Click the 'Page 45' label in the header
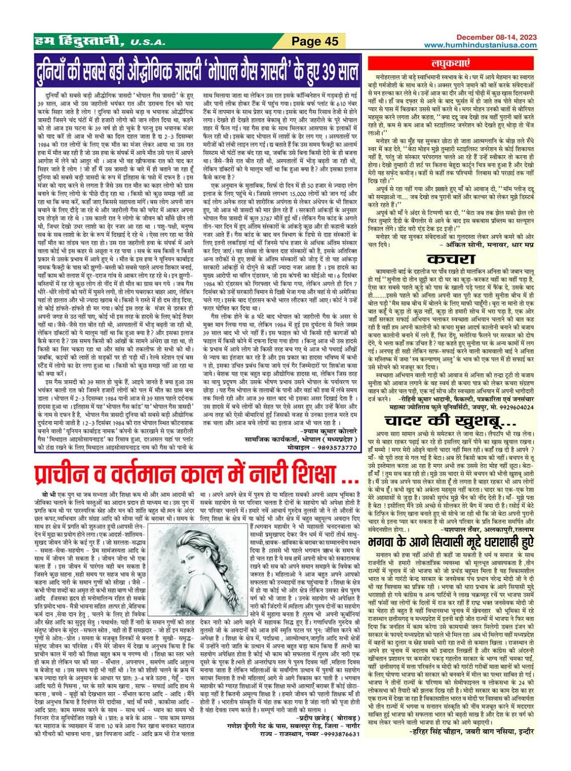coord(315,41)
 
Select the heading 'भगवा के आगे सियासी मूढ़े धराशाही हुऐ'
coord(450,542)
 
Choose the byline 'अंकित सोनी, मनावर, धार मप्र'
coord(486,244)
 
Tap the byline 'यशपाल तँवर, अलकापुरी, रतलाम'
coord(486,530)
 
